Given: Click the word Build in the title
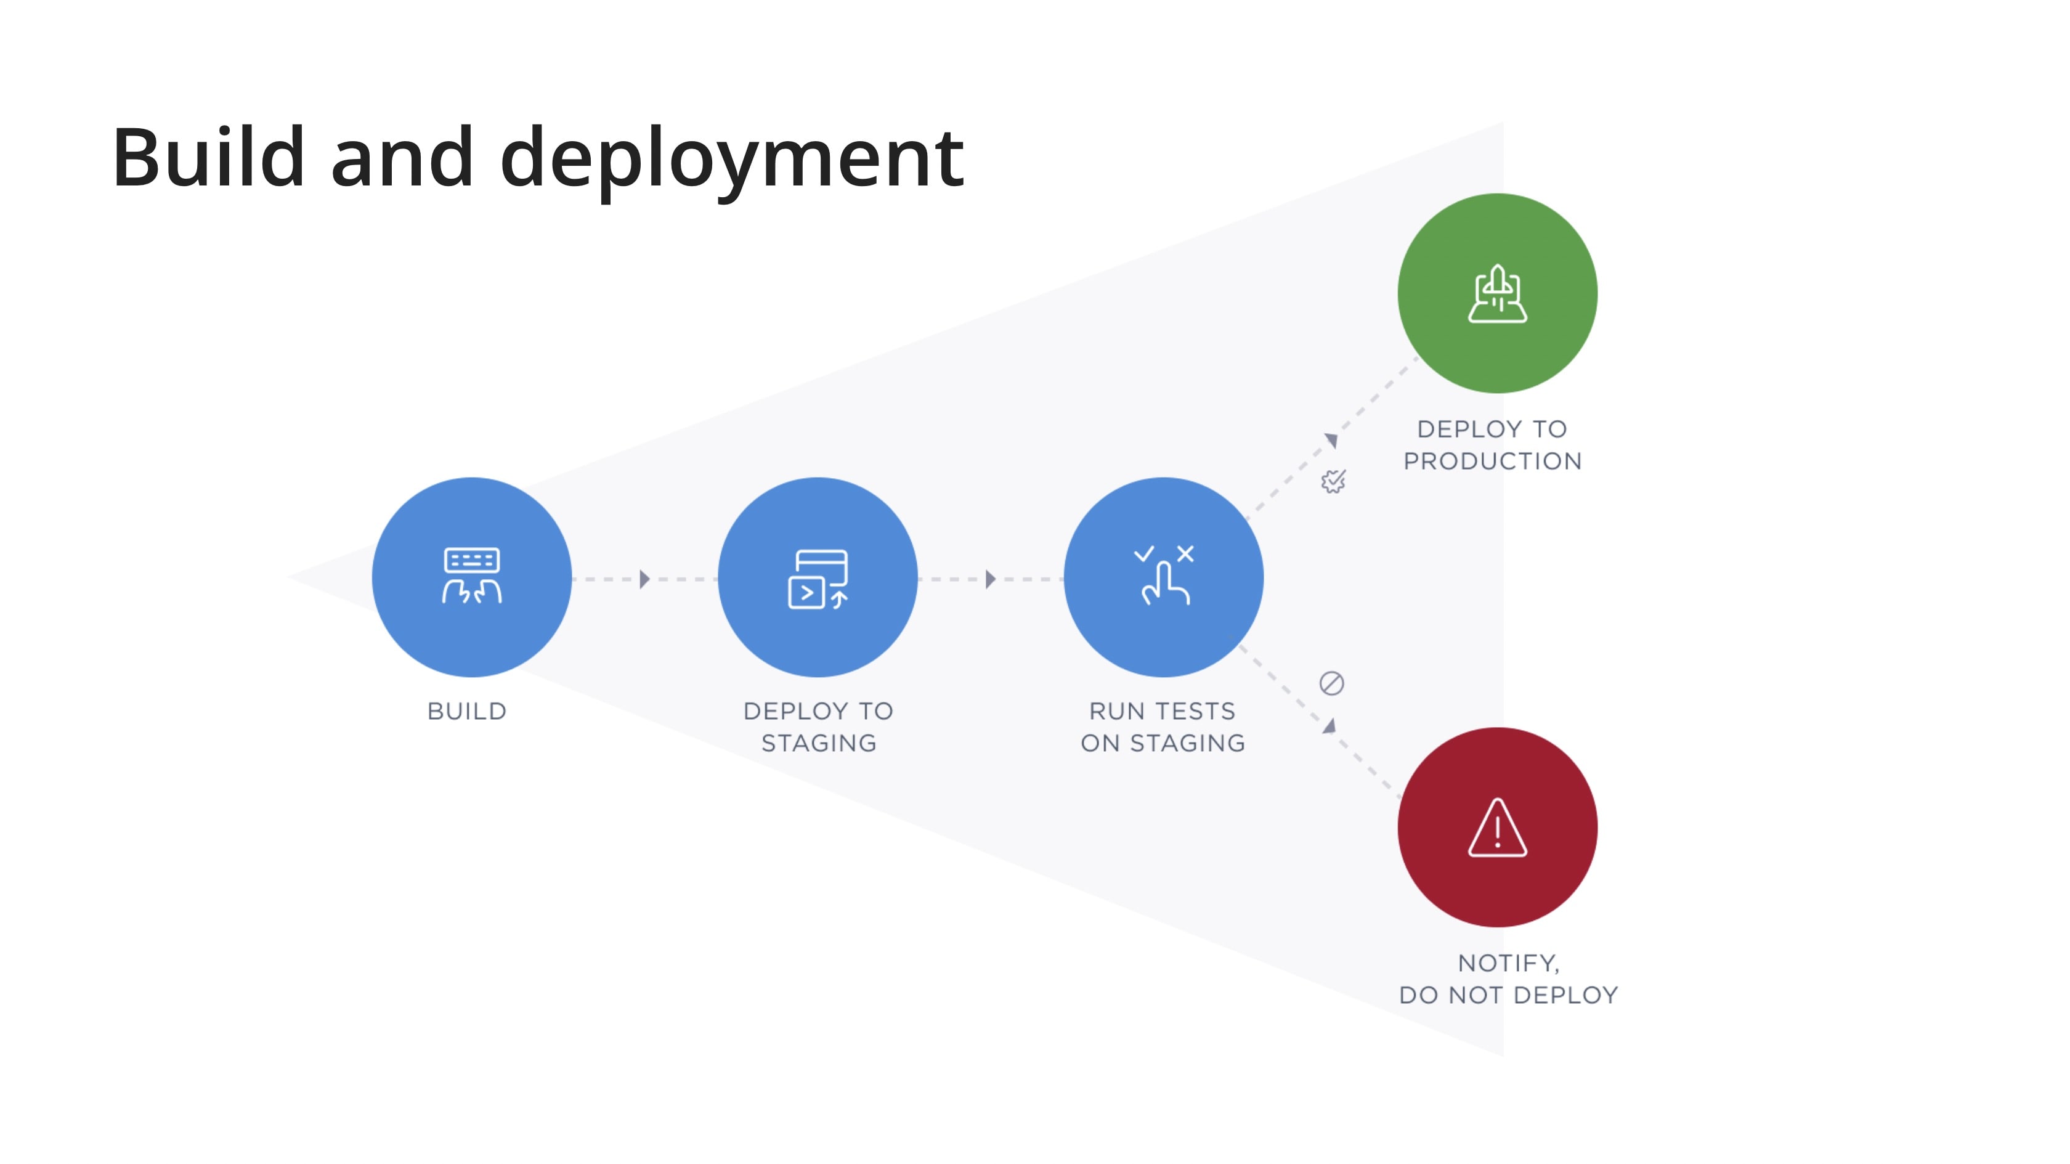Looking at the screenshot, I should click(208, 158).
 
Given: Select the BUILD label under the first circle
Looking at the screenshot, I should click(467, 712).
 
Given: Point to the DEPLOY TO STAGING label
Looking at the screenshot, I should click(818, 726).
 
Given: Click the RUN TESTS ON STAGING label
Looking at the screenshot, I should click(1163, 726).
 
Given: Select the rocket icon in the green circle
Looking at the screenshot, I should click(1497, 293).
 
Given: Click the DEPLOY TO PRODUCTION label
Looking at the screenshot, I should click(1492, 444).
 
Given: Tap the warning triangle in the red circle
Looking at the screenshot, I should click(1497, 828).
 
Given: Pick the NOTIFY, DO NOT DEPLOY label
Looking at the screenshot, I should click(1508, 979).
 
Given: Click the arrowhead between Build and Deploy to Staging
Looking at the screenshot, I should click(644, 579).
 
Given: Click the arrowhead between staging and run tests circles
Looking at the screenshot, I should click(990, 579).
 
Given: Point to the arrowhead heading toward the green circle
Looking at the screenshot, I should click(1331, 440).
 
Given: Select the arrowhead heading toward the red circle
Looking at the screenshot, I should click(1330, 726).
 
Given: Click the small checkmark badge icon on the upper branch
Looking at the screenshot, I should click(1333, 481).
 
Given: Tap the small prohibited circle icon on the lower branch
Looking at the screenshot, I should click(1331, 683).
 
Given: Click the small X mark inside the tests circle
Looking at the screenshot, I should click(1185, 554).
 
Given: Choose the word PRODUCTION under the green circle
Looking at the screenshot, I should click(1492, 461).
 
